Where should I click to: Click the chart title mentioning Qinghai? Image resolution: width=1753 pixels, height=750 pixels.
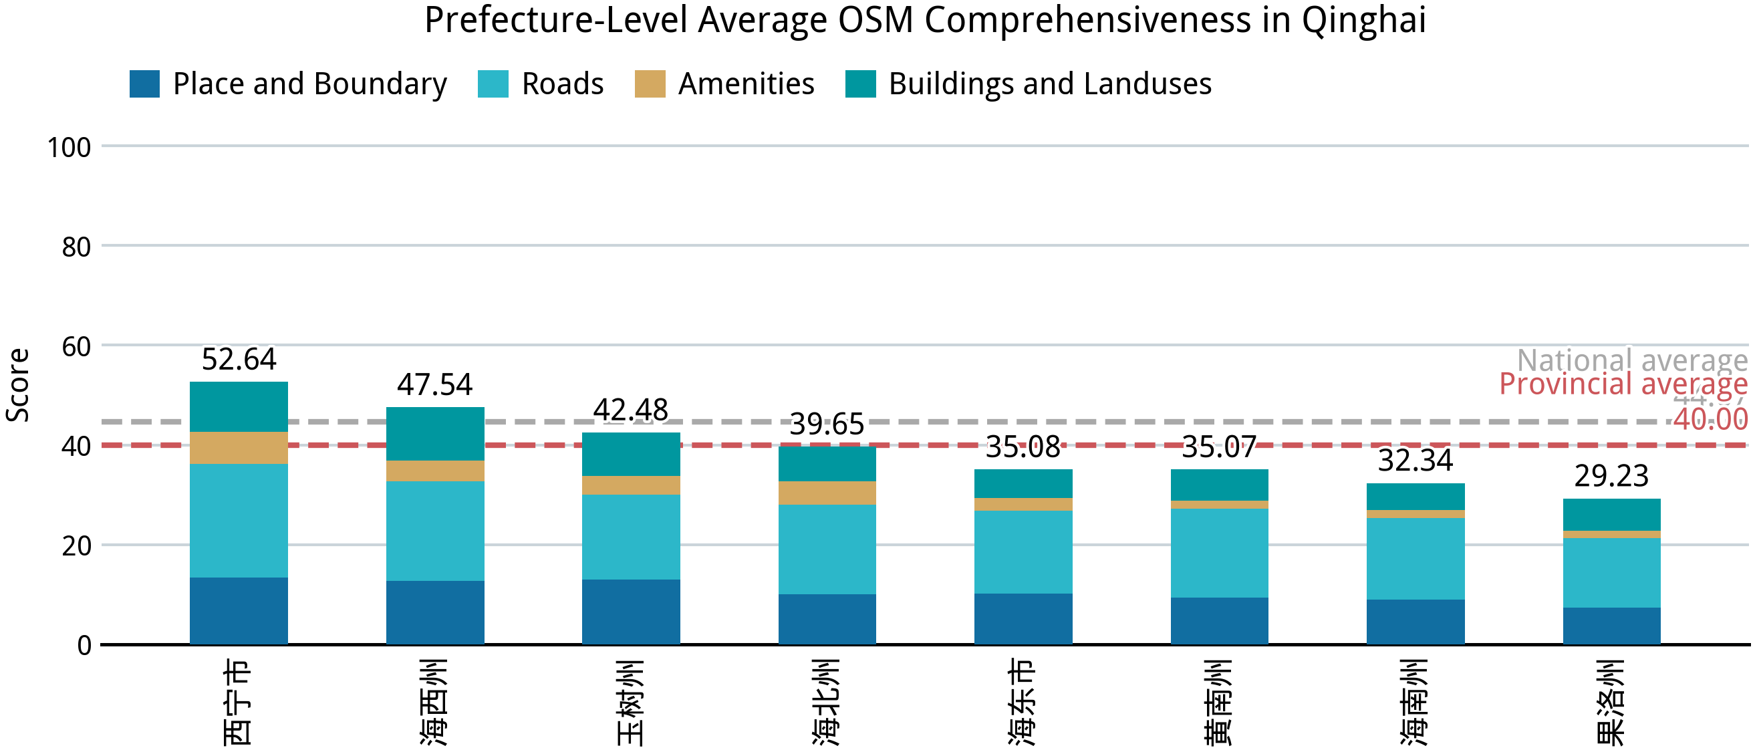click(925, 21)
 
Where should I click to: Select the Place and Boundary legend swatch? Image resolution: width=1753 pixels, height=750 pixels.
click(144, 84)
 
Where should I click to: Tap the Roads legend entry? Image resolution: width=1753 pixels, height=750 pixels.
click(562, 84)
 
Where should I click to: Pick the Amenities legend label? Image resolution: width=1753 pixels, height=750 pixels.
click(746, 84)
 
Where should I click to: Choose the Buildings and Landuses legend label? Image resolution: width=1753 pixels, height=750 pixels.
click(1049, 84)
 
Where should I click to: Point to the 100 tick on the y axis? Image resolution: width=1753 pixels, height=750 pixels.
click(69, 148)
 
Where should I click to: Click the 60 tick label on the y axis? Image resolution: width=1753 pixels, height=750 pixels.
click(76, 347)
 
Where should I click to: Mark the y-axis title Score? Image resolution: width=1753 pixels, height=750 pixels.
click(18, 385)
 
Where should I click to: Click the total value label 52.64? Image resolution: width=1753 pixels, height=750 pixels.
click(239, 360)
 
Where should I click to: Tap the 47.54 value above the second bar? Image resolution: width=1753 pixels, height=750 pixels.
click(435, 385)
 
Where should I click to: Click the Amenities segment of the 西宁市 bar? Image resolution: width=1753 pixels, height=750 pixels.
click(239, 448)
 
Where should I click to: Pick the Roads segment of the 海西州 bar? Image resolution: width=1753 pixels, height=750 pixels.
click(435, 531)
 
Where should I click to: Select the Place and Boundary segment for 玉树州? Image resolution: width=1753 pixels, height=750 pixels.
click(631, 611)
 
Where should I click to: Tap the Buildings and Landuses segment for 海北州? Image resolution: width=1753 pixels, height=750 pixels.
click(827, 464)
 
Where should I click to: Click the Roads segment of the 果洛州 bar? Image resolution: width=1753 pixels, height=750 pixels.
click(1611, 572)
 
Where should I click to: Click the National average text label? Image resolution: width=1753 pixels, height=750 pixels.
click(1631, 360)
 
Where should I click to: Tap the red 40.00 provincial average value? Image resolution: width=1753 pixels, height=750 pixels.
click(1710, 419)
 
